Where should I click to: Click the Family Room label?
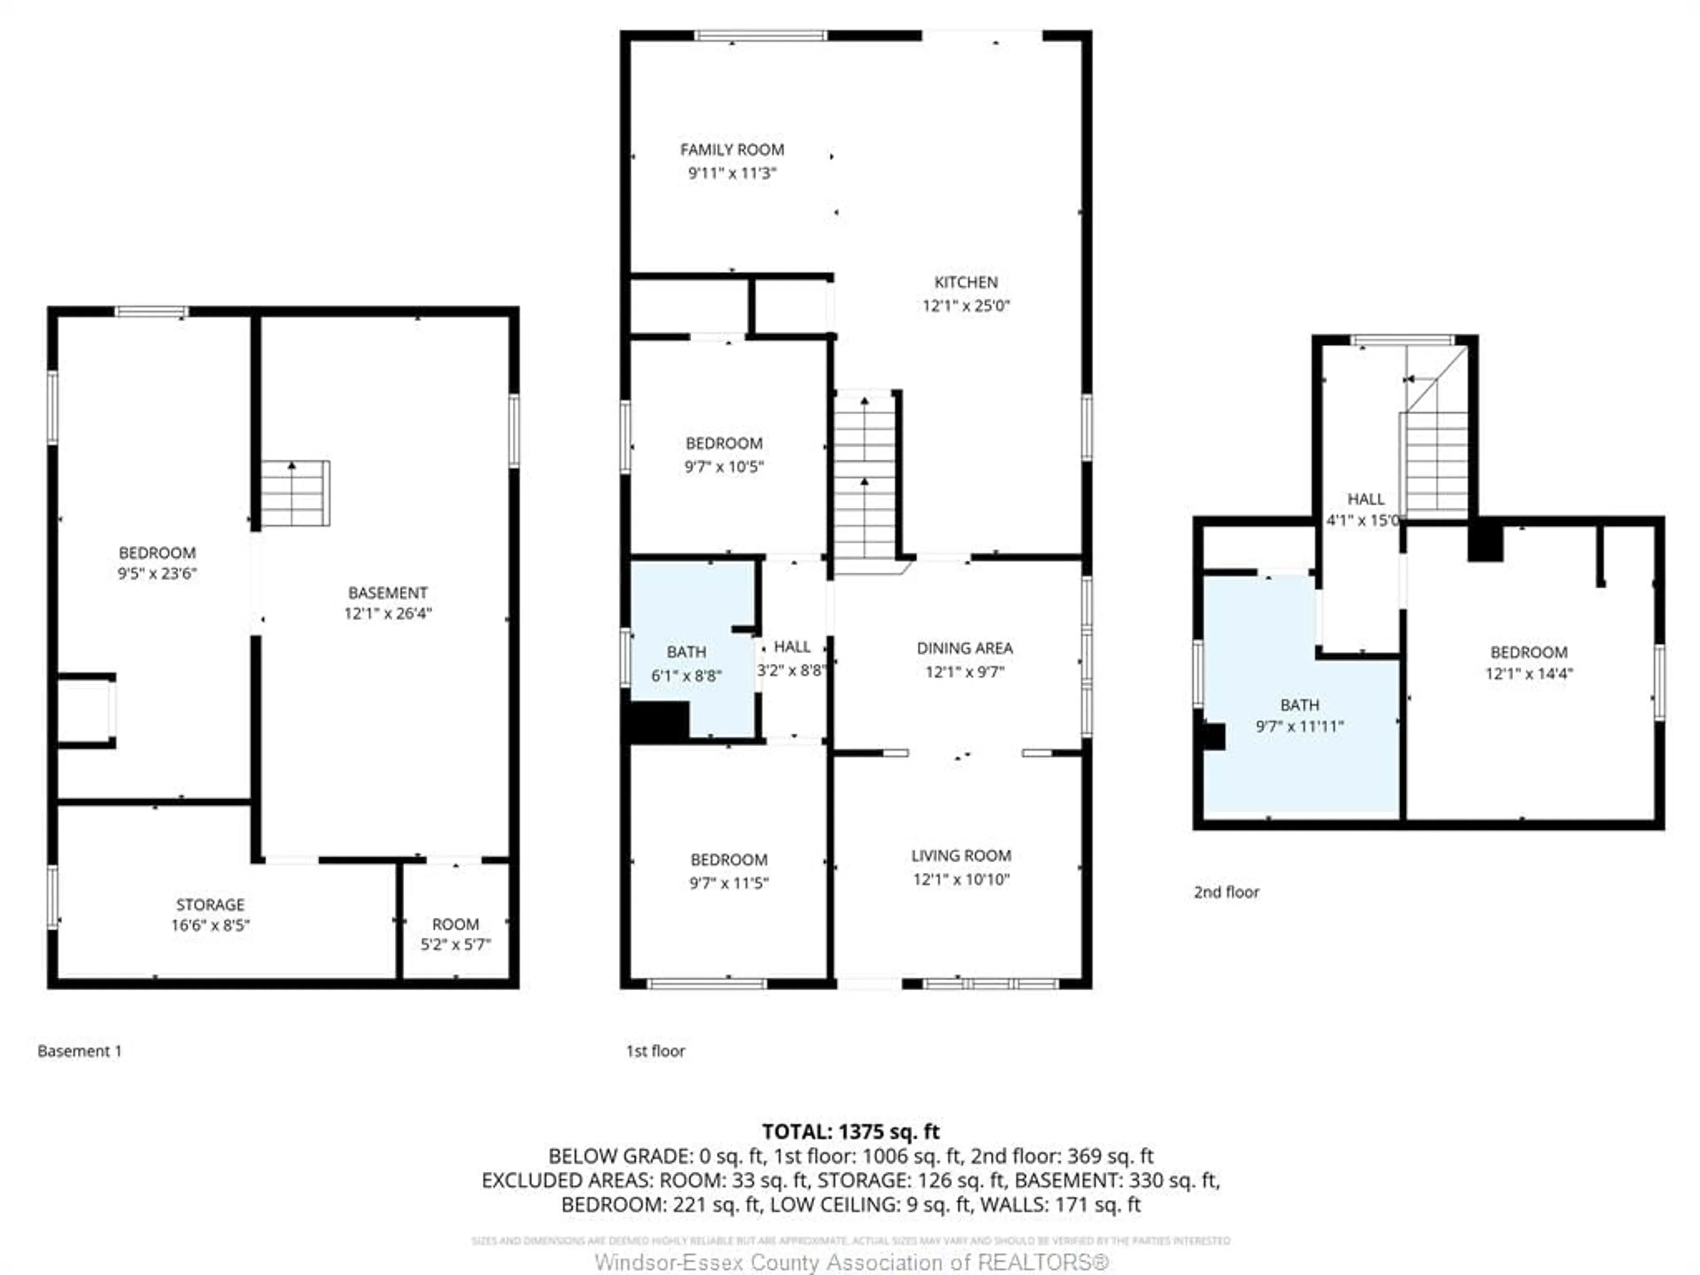(x=732, y=150)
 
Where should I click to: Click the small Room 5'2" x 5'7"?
(x=455, y=934)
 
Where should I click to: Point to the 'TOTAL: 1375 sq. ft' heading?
(x=850, y=1131)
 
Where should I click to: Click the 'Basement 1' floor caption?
(x=79, y=1051)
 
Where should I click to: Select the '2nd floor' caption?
(x=1226, y=892)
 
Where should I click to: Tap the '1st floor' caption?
(x=655, y=1051)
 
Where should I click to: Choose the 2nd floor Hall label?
(x=1366, y=499)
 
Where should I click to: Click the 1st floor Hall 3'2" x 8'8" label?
(x=792, y=659)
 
